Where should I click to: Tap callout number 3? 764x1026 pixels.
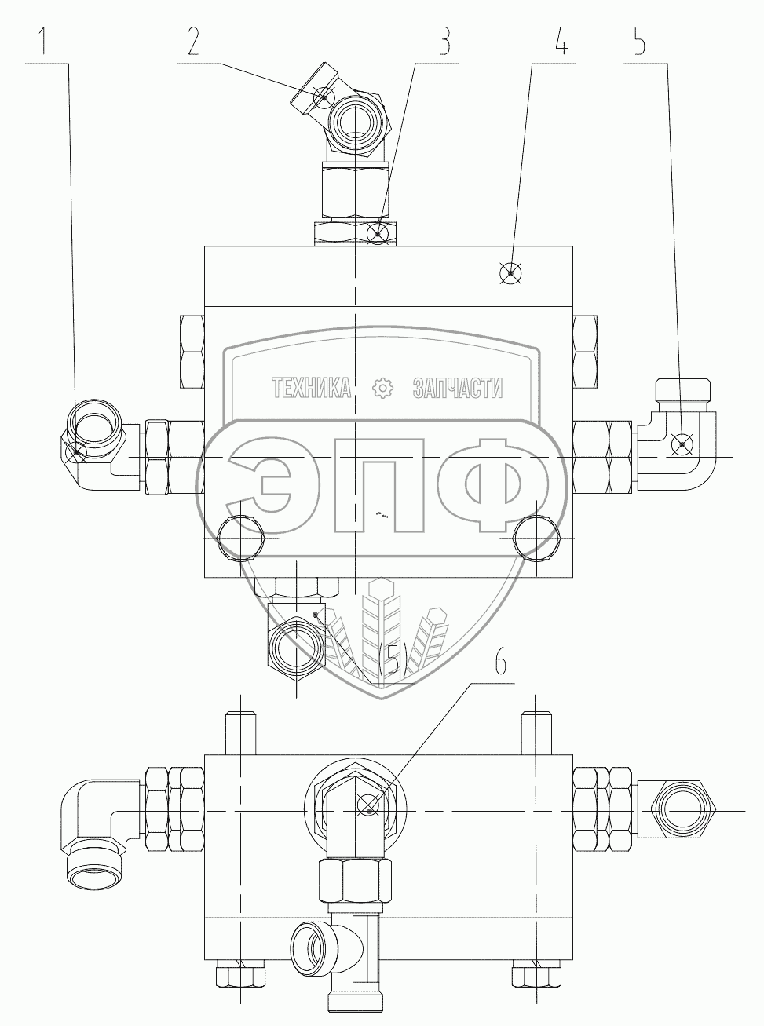click(444, 41)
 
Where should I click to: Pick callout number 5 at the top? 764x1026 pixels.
click(641, 41)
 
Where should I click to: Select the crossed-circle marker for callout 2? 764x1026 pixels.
click(323, 97)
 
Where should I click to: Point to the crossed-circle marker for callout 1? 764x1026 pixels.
click(77, 451)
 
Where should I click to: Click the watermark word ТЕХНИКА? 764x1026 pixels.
click(312, 387)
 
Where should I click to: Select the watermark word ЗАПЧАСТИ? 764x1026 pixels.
click(457, 387)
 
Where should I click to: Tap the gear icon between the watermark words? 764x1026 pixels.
click(382, 387)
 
